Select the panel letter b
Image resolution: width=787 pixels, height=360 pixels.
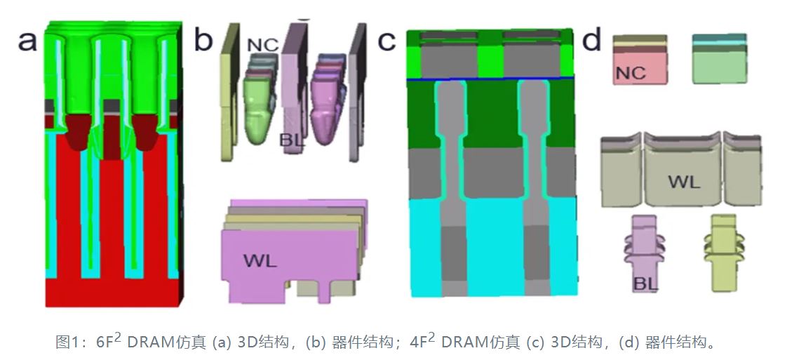coord(203,41)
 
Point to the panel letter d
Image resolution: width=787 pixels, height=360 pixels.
coord(592,41)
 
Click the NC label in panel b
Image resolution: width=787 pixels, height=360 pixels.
coord(263,45)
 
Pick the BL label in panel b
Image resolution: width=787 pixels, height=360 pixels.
coord(292,139)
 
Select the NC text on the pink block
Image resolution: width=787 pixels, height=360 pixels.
coord(630,72)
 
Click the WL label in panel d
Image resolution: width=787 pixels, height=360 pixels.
coord(682,182)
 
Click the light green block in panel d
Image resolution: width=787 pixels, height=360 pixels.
coord(719,63)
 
